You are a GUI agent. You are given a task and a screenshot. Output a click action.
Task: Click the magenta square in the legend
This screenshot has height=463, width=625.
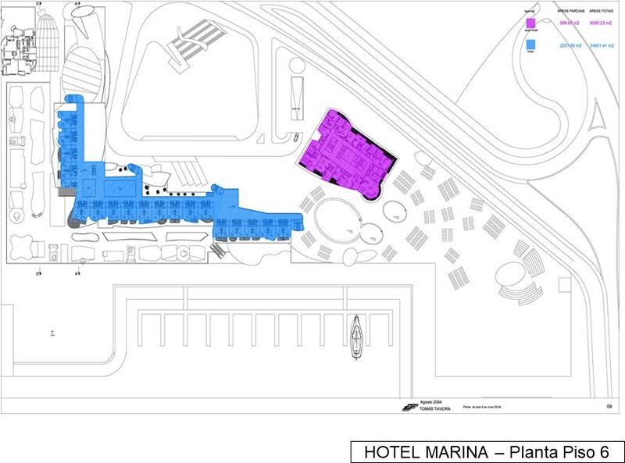pos(532,23)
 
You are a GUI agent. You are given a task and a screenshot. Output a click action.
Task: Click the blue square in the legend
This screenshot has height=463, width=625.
pos(532,46)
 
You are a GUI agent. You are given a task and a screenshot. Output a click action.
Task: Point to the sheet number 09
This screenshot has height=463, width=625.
pos(609,406)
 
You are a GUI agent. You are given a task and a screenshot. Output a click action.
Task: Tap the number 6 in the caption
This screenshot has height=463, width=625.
pos(604,452)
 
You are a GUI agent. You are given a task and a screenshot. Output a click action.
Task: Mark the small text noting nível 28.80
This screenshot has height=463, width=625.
pos(483,407)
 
